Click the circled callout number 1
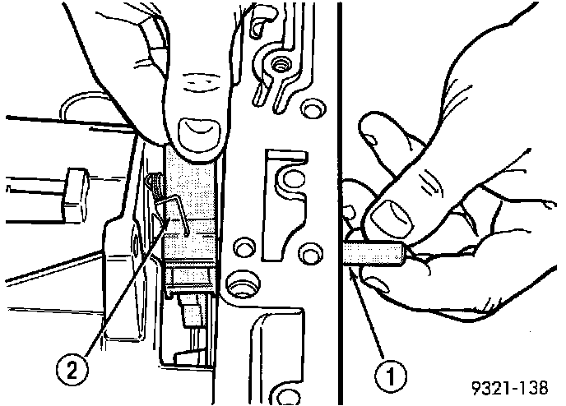[390, 376]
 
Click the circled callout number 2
[72, 369]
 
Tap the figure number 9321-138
[510, 388]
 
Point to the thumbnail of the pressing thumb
[198, 132]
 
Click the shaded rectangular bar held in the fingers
[373, 254]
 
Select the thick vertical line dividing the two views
[340, 203]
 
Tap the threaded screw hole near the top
[279, 65]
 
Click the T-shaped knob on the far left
[75, 195]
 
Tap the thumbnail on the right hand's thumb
[392, 217]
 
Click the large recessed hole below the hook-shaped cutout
[243, 283]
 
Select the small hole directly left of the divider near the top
[313, 108]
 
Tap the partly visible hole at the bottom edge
[288, 397]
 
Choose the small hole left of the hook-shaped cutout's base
[244, 247]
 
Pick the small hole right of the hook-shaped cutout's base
[310, 252]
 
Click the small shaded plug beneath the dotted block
[193, 310]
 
